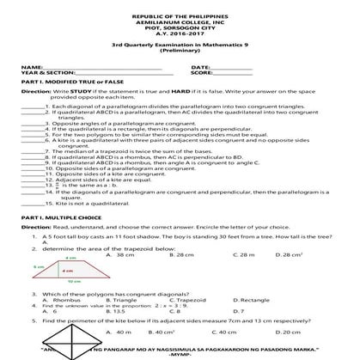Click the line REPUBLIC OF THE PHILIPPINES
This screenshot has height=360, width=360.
coord(180,17)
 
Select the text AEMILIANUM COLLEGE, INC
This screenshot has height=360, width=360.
coord(180,24)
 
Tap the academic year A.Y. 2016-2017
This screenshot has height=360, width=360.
coord(180,38)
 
